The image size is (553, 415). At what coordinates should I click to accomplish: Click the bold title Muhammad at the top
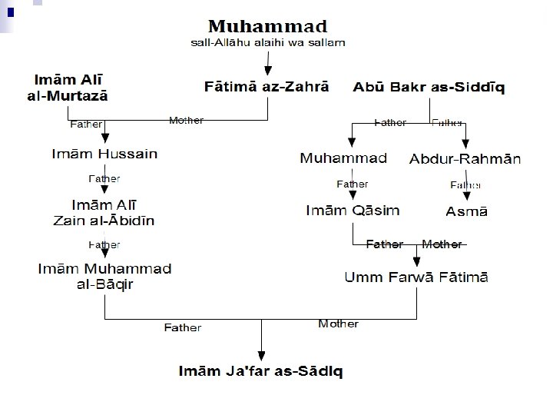(x=267, y=28)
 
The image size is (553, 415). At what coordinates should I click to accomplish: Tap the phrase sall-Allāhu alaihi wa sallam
(x=267, y=42)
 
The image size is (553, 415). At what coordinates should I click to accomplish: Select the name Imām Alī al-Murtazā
(x=70, y=87)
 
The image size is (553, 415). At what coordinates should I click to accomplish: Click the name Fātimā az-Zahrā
(x=267, y=87)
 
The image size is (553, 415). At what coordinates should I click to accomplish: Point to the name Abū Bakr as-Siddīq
(x=429, y=87)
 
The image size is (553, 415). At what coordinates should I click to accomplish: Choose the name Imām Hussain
(x=104, y=154)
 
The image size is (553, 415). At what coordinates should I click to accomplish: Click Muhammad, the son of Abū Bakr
(x=343, y=158)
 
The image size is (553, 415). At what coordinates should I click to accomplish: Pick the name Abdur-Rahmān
(x=465, y=159)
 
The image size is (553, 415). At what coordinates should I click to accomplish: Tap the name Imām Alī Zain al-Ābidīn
(x=104, y=213)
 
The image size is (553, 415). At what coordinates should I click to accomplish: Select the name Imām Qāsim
(x=353, y=210)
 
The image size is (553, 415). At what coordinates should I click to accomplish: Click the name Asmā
(x=467, y=211)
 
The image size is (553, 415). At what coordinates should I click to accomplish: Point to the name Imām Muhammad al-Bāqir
(x=104, y=276)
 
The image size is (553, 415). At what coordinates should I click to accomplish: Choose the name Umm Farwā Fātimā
(x=416, y=277)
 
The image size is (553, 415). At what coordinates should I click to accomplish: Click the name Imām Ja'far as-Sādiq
(x=261, y=371)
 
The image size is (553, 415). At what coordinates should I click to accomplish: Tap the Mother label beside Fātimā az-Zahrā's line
(x=186, y=121)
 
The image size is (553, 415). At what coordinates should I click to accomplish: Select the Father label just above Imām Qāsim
(x=353, y=184)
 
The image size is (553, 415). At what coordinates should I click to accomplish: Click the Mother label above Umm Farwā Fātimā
(x=442, y=244)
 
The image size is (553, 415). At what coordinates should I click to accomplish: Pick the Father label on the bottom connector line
(x=183, y=328)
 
